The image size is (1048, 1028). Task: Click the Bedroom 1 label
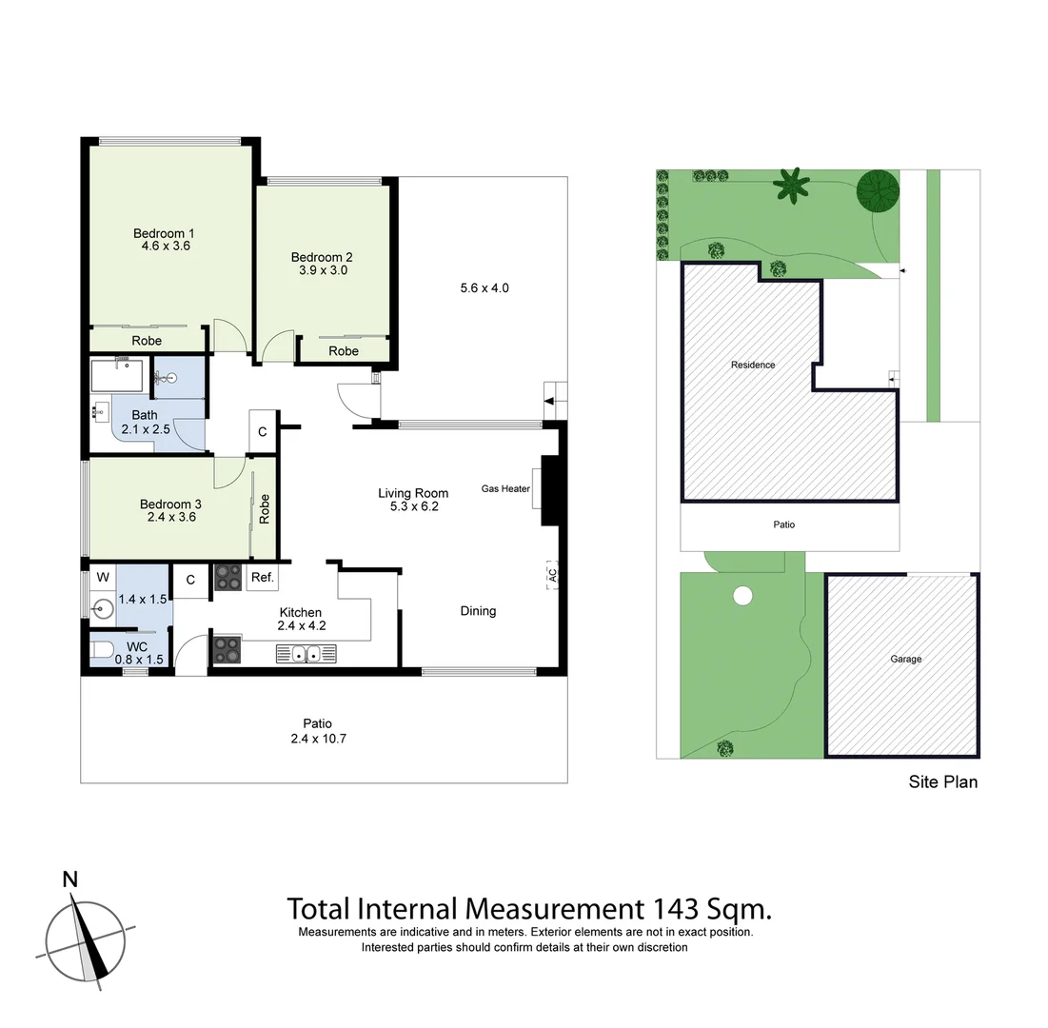164,233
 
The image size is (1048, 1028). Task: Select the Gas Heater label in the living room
505,489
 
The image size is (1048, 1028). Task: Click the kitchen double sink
306,653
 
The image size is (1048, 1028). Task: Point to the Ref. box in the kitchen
262,578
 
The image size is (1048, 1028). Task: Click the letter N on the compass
69,880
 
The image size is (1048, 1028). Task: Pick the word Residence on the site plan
753,365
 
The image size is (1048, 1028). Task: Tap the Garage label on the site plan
905,659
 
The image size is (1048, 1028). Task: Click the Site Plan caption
942,782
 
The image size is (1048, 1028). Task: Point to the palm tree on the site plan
790,184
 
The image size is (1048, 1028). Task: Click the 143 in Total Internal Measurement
676,908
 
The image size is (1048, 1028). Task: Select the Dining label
478,611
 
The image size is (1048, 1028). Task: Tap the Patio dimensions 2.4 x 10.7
318,738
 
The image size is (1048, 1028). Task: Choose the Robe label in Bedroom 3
265,508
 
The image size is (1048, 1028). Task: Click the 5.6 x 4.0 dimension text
484,287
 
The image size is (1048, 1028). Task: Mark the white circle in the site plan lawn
742,596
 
